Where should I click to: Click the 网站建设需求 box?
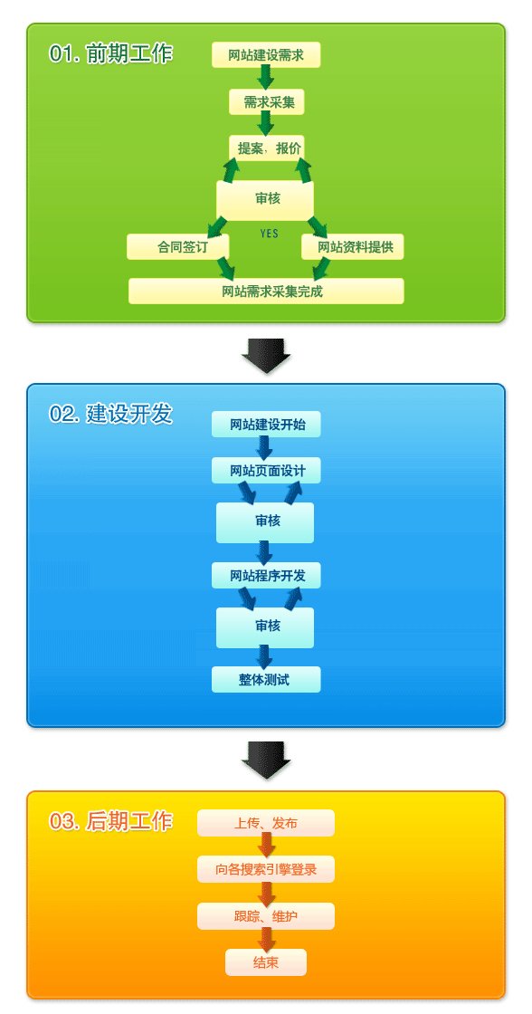click(x=266, y=55)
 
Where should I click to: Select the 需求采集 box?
click(x=266, y=102)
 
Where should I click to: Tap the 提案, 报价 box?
click(x=266, y=148)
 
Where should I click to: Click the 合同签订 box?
click(x=177, y=246)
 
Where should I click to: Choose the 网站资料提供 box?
click(x=352, y=246)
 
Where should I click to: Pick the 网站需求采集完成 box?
click(x=266, y=291)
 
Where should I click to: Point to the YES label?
click(x=270, y=234)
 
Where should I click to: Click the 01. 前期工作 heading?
click(x=110, y=53)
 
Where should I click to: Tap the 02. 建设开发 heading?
click(x=110, y=414)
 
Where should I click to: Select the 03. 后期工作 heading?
click(x=110, y=820)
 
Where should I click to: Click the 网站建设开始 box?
click(x=266, y=425)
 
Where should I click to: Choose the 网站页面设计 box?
click(x=266, y=470)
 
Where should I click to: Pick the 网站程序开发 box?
click(x=266, y=575)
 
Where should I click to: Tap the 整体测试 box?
click(x=266, y=680)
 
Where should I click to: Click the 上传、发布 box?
click(x=266, y=823)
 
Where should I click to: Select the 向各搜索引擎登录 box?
click(x=266, y=869)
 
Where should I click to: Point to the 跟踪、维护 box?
click(x=266, y=916)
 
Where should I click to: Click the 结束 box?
click(x=266, y=962)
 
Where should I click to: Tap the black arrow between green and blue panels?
click(x=266, y=356)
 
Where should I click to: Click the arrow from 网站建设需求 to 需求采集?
click(x=265, y=78)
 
